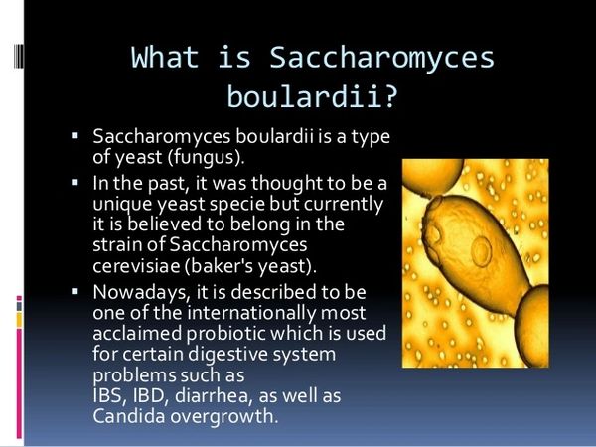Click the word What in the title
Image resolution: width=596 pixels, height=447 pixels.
click(x=165, y=58)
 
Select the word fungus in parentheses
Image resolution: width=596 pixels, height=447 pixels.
click(x=204, y=157)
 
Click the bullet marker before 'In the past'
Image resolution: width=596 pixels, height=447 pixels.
click(x=74, y=183)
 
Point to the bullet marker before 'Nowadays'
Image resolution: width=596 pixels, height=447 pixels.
click(x=74, y=291)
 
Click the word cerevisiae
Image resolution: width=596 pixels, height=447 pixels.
click(x=136, y=266)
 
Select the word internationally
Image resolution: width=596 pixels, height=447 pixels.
click(x=251, y=314)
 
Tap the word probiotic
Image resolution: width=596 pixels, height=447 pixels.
click(x=226, y=334)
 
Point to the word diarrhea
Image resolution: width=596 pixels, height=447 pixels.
click(x=214, y=396)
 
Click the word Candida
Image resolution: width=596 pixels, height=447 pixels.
click(x=128, y=416)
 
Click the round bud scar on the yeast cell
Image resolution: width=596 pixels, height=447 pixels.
click(x=481, y=251)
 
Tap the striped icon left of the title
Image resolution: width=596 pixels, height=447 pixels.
click(x=18, y=56)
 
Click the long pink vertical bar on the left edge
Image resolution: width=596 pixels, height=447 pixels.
click(x=19, y=383)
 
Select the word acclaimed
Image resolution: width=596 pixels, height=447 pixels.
click(x=137, y=334)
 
